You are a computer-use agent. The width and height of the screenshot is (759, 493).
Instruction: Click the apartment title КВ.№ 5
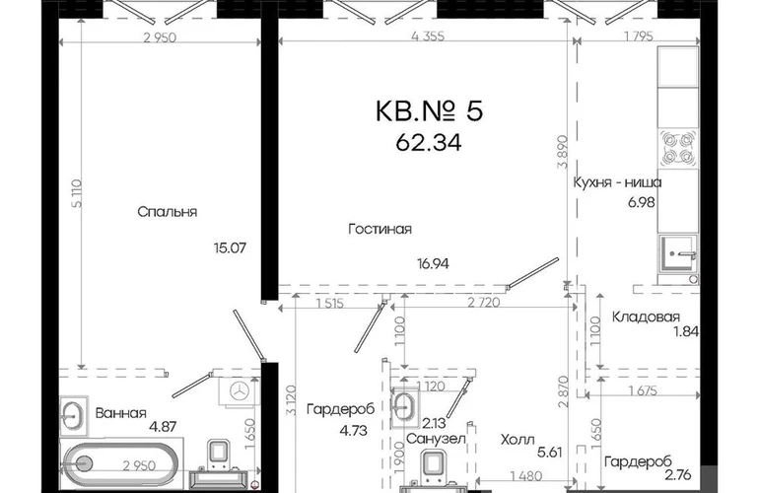coord(429,110)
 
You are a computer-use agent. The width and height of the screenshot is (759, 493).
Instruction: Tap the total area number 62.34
coord(429,142)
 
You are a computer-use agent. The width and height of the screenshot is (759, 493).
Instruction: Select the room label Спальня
coord(167,212)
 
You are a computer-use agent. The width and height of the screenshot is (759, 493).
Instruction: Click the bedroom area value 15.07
coord(230,247)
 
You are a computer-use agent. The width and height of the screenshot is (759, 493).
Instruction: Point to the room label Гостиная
coord(379,229)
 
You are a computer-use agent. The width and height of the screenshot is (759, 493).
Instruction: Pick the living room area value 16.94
coord(433,263)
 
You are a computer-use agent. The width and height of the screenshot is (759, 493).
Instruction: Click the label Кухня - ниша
coord(617,182)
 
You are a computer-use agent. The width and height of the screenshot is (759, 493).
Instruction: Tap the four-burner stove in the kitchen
coord(678,148)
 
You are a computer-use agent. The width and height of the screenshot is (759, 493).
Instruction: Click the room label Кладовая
coord(646,317)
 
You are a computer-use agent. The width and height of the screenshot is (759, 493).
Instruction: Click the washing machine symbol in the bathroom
coord(239,390)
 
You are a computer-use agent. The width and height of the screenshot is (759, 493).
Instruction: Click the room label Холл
coord(517,440)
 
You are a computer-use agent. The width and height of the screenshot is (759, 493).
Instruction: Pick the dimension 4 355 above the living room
coord(427,35)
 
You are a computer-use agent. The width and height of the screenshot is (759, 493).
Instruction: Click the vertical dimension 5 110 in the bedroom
coord(77,193)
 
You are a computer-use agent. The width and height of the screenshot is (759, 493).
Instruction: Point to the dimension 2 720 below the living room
coord(484,303)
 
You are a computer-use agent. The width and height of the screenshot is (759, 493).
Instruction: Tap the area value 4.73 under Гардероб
coord(353,430)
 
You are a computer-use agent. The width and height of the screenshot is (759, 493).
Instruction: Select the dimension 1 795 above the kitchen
coord(639,35)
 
